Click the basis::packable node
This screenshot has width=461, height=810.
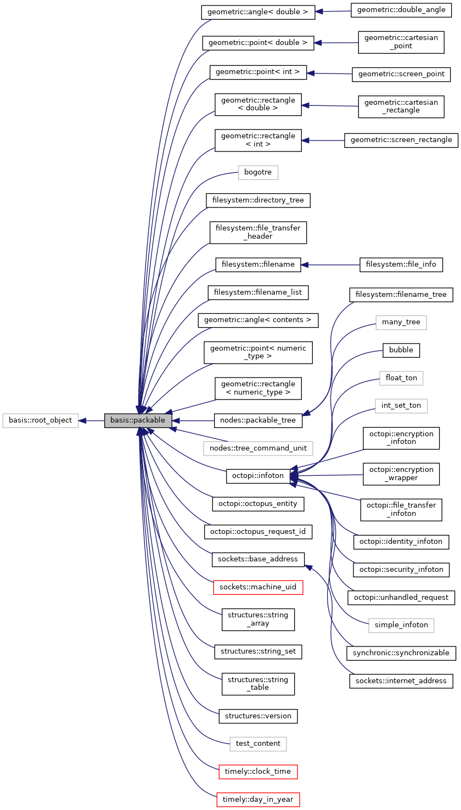[138, 420]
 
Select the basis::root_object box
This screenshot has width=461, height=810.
[41, 420]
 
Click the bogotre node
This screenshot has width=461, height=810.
[258, 172]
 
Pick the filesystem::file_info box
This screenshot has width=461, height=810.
[401, 265]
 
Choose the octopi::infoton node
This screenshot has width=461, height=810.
[257, 476]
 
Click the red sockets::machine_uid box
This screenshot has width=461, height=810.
[258, 587]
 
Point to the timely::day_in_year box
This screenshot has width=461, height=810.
[258, 800]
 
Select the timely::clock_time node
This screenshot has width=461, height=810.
[258, 772]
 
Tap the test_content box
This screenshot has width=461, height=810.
[258, 744]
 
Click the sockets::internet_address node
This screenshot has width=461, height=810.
[401, 681]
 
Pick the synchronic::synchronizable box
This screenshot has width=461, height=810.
[401, 653]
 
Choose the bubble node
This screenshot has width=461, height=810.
[401, 350]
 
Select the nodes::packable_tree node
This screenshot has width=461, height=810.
[258, 420]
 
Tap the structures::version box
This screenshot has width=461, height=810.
[258, 716]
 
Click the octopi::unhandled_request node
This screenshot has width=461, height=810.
[401, 597]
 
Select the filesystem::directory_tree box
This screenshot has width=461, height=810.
[258, 200]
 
